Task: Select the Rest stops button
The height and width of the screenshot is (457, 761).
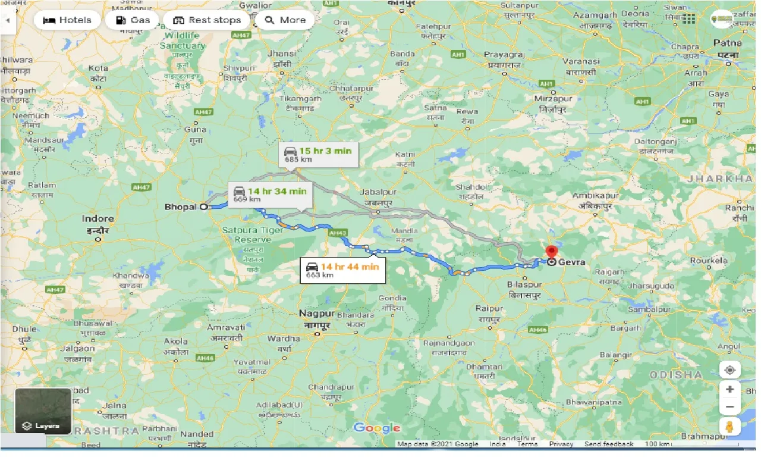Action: point(206,20)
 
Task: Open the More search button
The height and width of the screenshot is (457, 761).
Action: point(285,20)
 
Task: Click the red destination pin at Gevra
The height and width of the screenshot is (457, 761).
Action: point(551,252)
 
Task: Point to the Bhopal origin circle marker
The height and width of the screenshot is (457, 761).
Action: point(203,207)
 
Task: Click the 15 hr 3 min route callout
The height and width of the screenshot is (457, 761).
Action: point(317,154)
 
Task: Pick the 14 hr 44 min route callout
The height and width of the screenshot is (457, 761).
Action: point(342,270)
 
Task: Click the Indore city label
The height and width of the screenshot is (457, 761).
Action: point(98,219)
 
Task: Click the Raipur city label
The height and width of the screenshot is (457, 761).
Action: point(489,309)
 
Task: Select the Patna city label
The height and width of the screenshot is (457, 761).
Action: point(727,43)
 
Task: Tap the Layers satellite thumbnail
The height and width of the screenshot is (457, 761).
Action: point(43,411)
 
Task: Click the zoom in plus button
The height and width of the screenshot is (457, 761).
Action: point(730,389)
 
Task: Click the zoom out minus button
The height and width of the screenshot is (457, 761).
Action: point(730,407)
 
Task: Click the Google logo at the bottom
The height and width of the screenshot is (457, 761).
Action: point(377,428)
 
